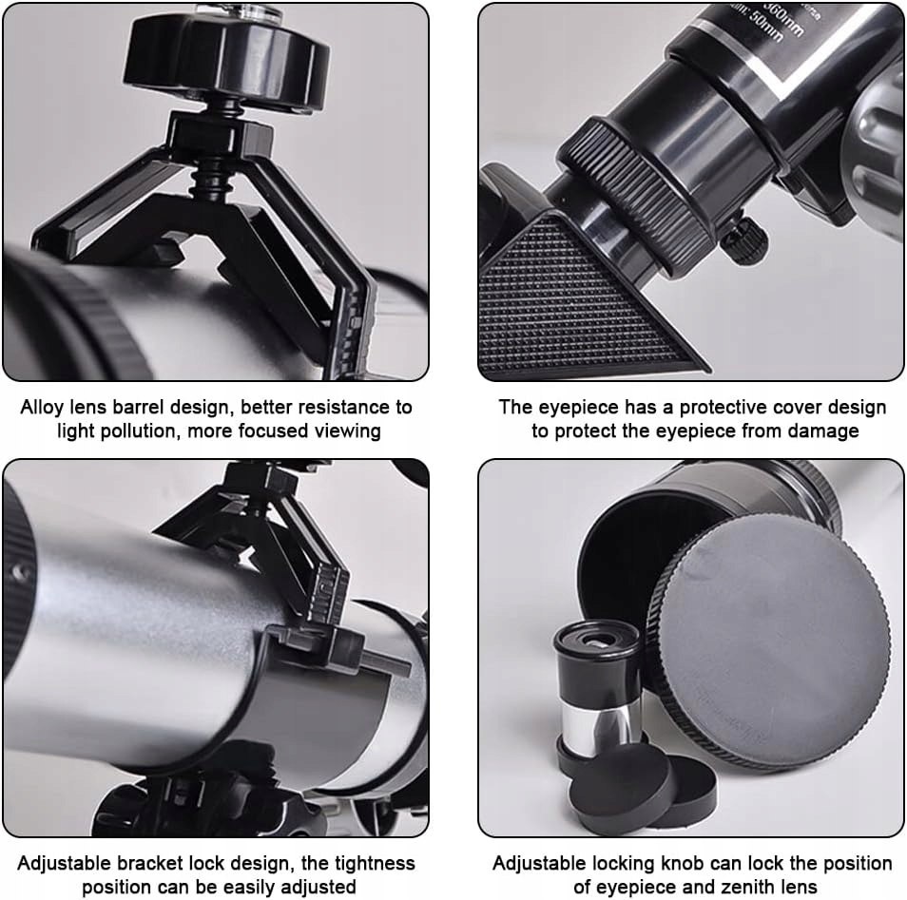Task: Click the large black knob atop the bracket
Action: (x=226, y=57)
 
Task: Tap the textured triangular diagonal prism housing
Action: (x=578, y=300)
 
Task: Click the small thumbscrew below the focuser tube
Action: (x=745, y=239)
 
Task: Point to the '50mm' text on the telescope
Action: (x=764, y=26)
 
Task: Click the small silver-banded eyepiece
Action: (x=597, y=688)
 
